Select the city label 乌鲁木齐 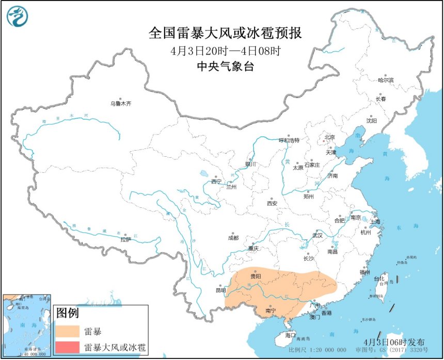click(121, 104)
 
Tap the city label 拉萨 click(125, 239)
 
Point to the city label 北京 click(329, 137)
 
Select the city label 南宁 click(271, 311)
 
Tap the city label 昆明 click(221, 290)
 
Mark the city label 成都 click(233, 238)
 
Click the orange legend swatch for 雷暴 click(68, 331)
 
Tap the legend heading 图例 click(67, 313)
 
